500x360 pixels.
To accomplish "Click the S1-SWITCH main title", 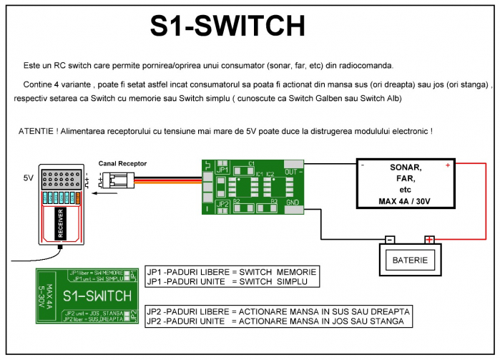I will click(227, 26).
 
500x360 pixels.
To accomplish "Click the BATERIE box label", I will click(410, 260).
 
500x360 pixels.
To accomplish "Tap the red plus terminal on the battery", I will click(429, 240).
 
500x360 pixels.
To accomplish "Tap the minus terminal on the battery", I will click(390, 240).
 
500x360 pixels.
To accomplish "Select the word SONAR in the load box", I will click(406, 167).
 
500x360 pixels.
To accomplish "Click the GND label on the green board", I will click(291, 203).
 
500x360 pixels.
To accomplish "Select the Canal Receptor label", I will click(122, 163).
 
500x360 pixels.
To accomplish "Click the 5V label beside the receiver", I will click(29, 176).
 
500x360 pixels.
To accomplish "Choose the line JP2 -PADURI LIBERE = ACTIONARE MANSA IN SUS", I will click(277, 312).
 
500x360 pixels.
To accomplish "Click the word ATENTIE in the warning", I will click(34, 132).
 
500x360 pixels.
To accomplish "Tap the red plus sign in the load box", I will click(448, 165).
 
